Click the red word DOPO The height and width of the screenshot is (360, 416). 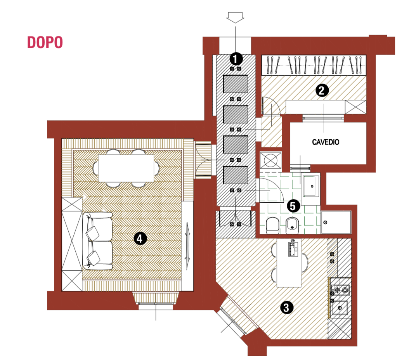coord(45,42)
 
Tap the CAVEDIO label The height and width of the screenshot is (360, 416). coord(326,142)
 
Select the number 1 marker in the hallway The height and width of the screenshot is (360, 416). coord(236,59)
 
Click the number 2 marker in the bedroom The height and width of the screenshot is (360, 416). coord(322,90)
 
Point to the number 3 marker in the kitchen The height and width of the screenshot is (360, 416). coord(286,308)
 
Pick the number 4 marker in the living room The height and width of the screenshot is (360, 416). coord(140,239)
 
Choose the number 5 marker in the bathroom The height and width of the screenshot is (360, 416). coord(293,206)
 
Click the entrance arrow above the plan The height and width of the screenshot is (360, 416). coord(235,17)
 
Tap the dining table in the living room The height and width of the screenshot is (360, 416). coord(126,168)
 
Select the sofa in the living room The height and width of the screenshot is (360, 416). coord(97,241)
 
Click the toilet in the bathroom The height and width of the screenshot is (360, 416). coord(272,226)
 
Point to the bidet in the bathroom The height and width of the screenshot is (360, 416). coord(292,226)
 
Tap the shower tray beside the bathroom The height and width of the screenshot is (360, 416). coord(336,222)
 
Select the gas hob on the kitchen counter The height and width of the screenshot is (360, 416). coord(341,290)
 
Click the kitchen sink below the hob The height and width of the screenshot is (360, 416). coord(340,308)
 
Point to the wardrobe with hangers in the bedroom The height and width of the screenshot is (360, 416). coord(314,65)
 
